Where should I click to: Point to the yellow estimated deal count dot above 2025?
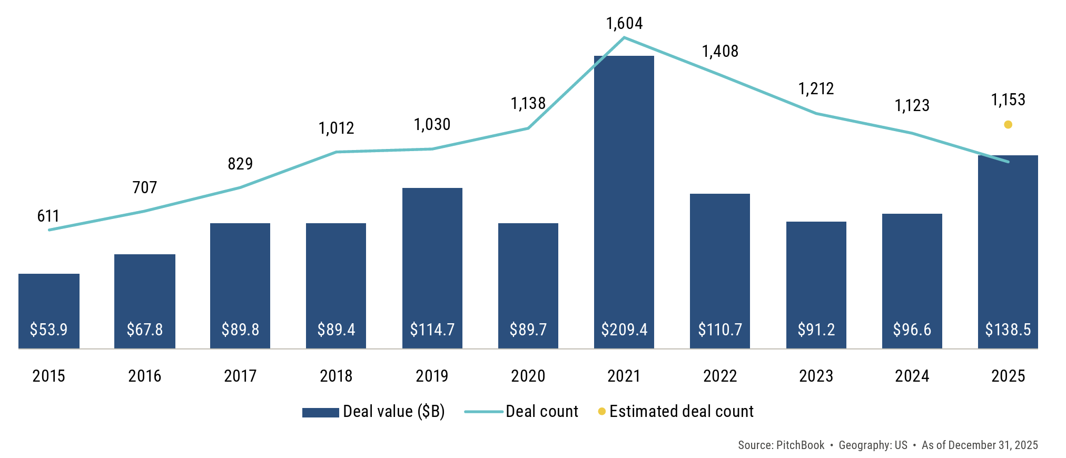[x=1008, y=125]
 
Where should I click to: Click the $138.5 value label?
[x=1008, y=330]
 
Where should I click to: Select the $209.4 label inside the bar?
[x=624, y=330]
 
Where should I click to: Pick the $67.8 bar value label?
[x=145, y=330]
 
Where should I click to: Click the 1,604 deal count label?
[x=624, y=24]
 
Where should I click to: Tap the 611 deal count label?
[x=48, y=216]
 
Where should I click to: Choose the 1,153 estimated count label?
[x=1008, y=100]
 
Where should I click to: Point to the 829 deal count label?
[x=240, y=164]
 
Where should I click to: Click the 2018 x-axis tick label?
[x=336, y=376]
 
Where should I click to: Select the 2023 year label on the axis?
[x=816, y=376]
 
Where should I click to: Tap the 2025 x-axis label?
[x=1008, y=376]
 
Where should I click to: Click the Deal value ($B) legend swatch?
[x=320, y=412]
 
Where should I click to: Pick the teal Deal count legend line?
[x=483, y=412]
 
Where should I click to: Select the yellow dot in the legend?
[x=601, y=411]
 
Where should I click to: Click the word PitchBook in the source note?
[x=800, y=445]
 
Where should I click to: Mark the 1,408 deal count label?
[x=720, y=52]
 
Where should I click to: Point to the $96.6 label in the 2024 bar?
[x=912, y=330]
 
